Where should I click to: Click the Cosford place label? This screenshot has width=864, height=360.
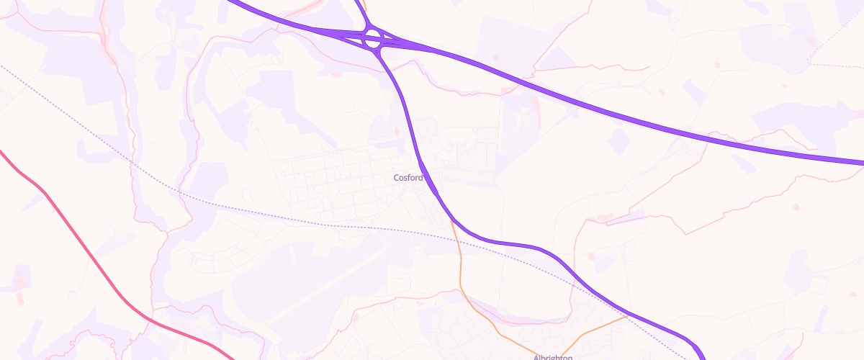click(408, 177)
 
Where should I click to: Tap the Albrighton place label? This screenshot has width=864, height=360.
click(552, 357)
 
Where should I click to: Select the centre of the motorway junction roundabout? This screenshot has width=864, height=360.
click(372, 39)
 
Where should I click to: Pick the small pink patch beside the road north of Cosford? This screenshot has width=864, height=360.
click(395, 131)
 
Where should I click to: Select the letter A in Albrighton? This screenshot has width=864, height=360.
click(536, 357)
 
